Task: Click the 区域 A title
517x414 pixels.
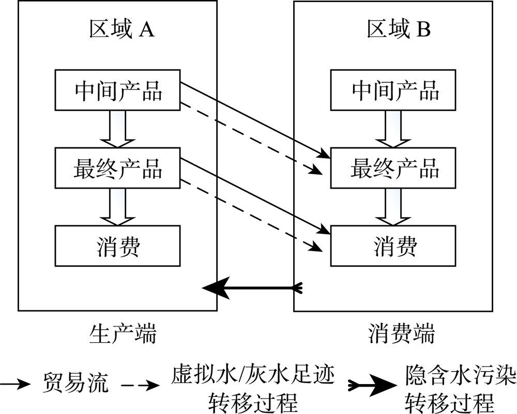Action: point(122,30)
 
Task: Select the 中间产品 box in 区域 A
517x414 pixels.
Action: point(118,91)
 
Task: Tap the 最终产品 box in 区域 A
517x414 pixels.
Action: point(118,168)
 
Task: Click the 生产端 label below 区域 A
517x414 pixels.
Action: point(123,333)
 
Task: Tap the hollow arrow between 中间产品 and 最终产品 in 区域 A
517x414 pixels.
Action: point(118,129)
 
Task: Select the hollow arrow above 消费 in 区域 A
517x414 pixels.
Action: point(118,206)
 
